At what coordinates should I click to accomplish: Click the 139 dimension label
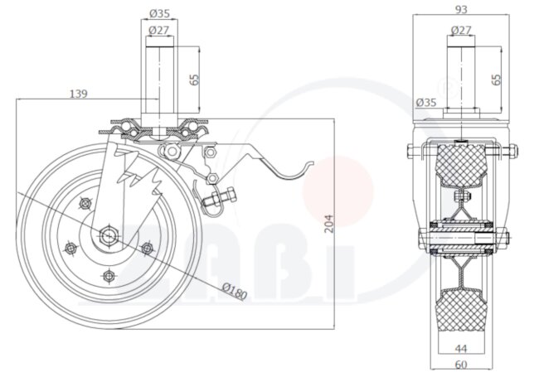[x=79, y=94]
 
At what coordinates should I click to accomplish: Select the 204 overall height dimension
[x=329, y=224]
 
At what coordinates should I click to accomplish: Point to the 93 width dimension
[x=461, y=10]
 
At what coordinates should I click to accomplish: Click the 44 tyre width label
[x=460, y=349]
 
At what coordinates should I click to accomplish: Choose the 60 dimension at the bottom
[x=460, y=365]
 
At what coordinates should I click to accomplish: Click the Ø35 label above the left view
[x=159, y=14]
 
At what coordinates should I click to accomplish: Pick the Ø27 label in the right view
[x=461, y=30]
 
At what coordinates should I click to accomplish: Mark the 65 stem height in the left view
[x=195, y=80]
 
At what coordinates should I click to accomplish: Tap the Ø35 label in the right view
[x=426, y=103]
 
